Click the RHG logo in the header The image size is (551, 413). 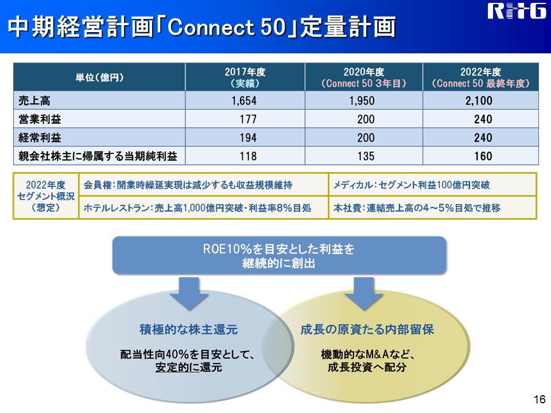click(516, 11)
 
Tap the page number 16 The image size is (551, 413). click(540, 399)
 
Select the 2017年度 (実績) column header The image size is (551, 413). click(245, 77)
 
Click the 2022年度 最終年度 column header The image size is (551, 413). click(480, 77)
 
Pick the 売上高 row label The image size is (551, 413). click(34, 101)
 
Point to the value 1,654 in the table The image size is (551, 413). click(245, 101)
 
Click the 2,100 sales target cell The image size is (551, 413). click(479, 101)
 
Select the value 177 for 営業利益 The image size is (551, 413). click(248, 119)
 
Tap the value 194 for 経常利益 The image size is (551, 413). click(248, 138)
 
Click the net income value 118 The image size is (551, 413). click(248, 156)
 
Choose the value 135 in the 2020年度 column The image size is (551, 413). click(366, 156)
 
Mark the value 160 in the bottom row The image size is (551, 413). click(483, 156)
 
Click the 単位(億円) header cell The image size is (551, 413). click(99, 77)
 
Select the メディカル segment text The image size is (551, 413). click(411, 185)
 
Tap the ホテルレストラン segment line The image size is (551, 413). click(197, 208)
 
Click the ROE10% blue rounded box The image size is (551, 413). click(279, 256)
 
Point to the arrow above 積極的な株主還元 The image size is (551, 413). click(189, 294)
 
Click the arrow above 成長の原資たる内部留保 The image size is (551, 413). click(364, 294)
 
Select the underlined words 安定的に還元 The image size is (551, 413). click(189, 367)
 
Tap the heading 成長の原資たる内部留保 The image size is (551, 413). click(367, 329)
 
